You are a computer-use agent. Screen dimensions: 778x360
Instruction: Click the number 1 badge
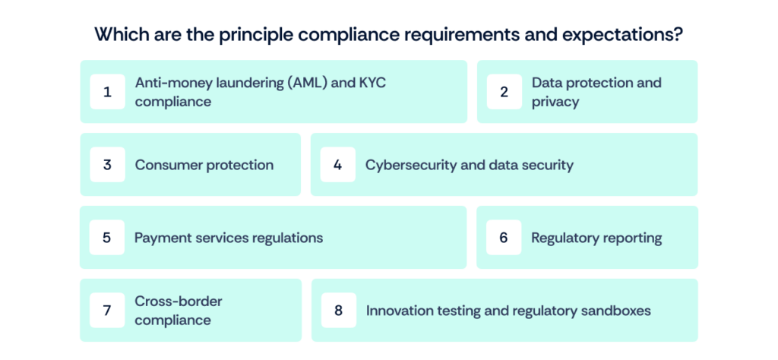(107, 92)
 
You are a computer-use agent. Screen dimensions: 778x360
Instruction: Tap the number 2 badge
(504, 92)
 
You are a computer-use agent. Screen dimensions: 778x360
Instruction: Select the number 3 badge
(107, 165)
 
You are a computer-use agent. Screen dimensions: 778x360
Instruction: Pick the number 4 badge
(337, 165)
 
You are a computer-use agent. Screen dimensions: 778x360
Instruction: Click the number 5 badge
(107, 238)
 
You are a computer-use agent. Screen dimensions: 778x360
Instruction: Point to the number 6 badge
(504, 238)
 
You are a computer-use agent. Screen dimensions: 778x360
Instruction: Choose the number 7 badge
(107, 311)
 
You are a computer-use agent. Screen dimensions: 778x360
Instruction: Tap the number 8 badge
(338, 311)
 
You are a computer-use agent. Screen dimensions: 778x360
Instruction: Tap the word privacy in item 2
(555, 102)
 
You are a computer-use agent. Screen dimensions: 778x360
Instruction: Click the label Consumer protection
(204, 165)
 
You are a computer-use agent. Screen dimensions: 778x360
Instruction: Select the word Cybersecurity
(410, 165)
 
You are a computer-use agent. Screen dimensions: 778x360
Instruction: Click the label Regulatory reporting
(596, 238)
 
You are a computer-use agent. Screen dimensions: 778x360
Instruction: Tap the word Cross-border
(179, 302)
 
